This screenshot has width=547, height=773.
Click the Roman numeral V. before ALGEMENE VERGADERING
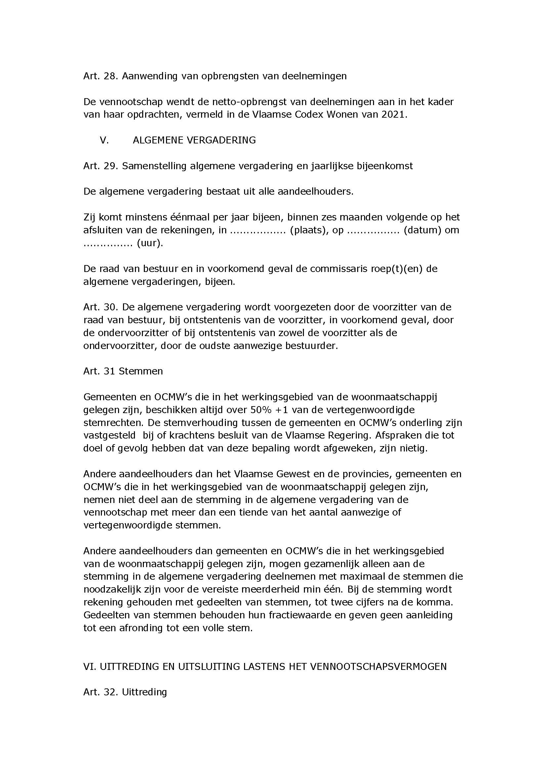(104, 140)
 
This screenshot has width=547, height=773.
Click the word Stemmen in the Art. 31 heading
(141, 371)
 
